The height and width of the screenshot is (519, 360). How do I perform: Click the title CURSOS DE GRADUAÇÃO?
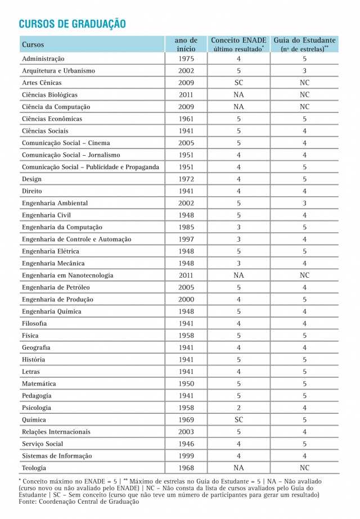pos(72,24)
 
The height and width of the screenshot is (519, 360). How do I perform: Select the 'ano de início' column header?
pos(186,44)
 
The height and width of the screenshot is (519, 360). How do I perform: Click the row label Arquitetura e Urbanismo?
pos(58,71)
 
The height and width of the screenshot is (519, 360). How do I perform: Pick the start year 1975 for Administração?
pos(186,59)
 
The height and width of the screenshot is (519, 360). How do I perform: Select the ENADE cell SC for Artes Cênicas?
pos(238,83)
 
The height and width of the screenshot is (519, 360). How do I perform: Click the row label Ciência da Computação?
pos(56,107)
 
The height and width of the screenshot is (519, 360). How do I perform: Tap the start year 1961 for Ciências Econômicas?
pos(186,119)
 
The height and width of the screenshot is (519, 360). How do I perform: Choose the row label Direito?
pos(31,191)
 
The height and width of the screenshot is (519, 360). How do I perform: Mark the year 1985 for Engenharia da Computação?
pos(186,227)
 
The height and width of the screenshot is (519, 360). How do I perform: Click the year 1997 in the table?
pos(186,240)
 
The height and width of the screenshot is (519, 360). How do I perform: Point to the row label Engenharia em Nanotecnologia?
pos(67,276)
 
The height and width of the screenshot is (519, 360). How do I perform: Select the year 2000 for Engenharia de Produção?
pos(186,300)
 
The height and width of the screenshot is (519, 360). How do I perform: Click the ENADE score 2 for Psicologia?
pos(238,408)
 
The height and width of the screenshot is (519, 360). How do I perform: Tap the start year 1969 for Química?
pos(186,420)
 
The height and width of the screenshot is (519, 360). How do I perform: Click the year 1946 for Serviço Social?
pos(186,444)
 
